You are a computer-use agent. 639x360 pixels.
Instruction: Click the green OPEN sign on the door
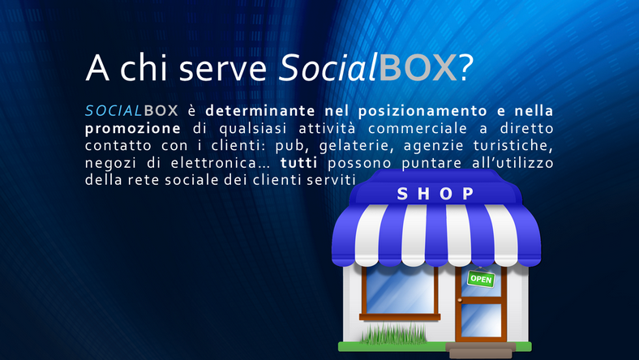(x=481, y=279)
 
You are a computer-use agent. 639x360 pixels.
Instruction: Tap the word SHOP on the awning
(x=435, y=194)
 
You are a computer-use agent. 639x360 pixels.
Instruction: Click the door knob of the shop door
(x=460, y=301)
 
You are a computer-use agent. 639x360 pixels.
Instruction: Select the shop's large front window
(x=400, y=290)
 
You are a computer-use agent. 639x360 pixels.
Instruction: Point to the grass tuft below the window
(x=393, y=334)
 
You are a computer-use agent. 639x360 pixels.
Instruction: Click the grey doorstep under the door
(x=481, y=350)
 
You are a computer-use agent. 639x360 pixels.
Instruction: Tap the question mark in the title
(x=465, y=67)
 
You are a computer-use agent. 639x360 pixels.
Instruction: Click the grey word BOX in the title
(x=418, y=67)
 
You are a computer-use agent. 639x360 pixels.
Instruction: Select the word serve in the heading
(x=222, y=69)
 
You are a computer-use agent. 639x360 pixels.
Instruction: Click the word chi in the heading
(x=144, y=67)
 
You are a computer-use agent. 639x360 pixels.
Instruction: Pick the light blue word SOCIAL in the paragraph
(x=114, y=111)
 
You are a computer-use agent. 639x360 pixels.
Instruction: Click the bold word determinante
(x=260, y=111)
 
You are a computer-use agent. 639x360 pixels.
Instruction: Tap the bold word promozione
(x=132, y=129)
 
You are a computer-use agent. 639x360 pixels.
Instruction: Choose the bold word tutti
(x=298, y=163)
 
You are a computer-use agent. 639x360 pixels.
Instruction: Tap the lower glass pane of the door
(x=481, y=320)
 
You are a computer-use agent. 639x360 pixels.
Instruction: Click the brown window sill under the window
(x=400, y=317)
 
